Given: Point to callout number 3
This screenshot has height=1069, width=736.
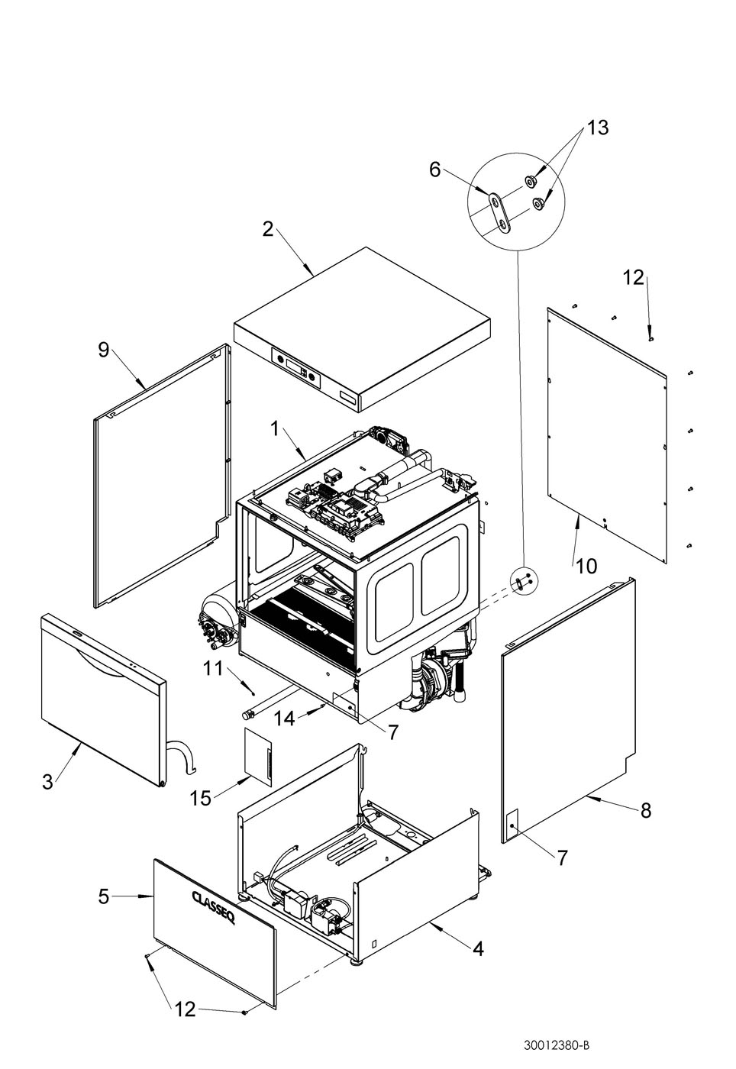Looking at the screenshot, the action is pos(47,782).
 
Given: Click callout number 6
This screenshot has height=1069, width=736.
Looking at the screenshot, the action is pos(434,169).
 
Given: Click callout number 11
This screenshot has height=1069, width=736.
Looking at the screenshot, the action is pos(213,669).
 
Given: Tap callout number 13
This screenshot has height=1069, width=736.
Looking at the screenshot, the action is pos(597,128).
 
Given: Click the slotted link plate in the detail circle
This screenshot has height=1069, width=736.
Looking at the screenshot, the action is pos(499,213).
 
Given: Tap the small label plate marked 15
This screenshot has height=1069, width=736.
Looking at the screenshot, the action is pos(258,757).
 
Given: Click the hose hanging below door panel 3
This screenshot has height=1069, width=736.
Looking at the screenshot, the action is pos(182,754).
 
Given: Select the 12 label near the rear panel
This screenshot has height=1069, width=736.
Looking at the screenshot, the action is pos(634,278).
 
